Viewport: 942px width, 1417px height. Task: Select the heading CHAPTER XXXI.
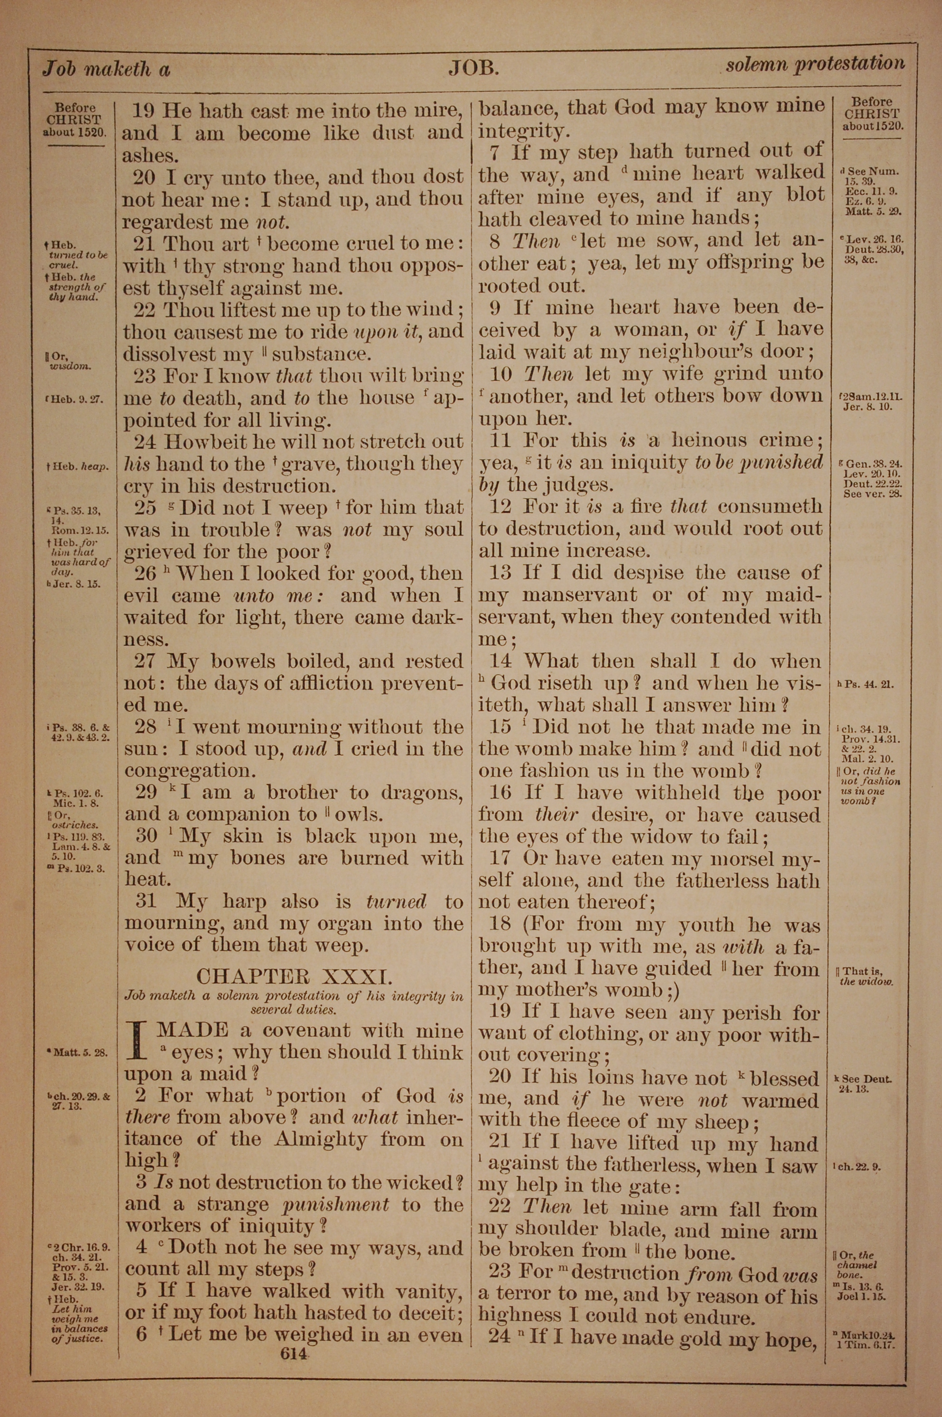[x=294, y=976]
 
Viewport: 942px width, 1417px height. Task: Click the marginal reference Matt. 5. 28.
[x=80, y=1053]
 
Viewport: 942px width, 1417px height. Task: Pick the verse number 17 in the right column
[x=500, y=858]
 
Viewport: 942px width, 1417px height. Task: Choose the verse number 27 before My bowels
[x=145, y=662]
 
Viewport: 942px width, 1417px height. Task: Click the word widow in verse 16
[x=653, y=837]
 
